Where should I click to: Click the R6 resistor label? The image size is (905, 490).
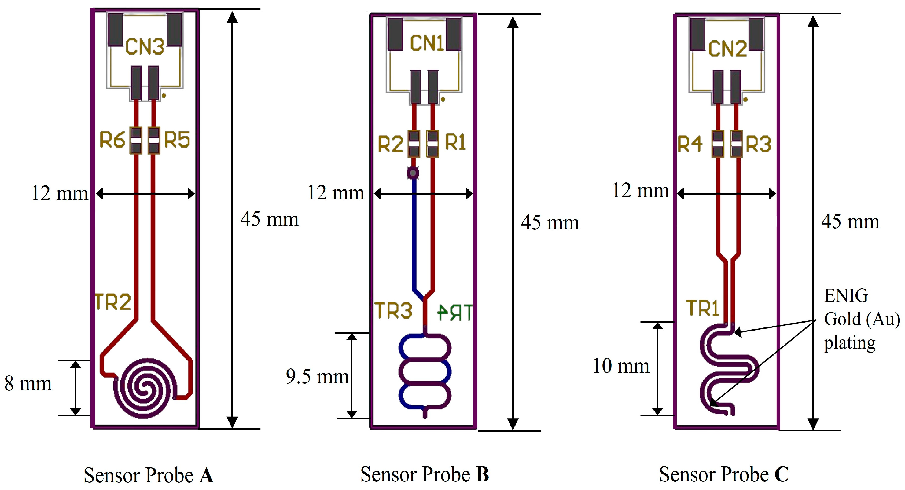(x=112, y=140)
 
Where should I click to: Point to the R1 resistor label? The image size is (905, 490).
(x=455, y=142)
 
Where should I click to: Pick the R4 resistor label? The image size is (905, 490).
(x=690, y=144)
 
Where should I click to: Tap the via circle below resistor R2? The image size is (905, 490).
(x=413, y=173)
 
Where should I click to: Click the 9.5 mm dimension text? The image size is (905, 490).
(x=317, y=377)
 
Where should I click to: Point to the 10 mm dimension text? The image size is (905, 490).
(x=621, y=366)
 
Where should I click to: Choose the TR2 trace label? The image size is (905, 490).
(x=113, y=302)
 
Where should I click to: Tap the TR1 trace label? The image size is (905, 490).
(x=702, y=309)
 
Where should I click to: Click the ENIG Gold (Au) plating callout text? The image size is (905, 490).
(x=861, y=319)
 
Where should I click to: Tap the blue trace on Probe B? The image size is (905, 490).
(x=414, y=239)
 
